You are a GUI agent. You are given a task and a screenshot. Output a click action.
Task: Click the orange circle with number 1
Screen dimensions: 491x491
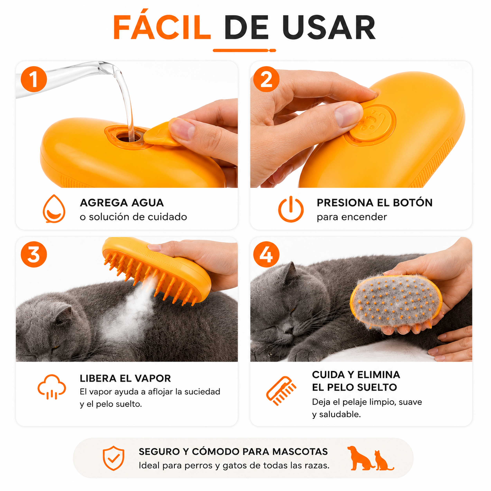pos(34,79)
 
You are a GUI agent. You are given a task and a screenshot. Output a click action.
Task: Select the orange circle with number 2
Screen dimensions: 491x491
pos(266,79)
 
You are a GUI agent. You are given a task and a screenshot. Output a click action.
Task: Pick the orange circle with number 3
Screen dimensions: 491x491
pos(34,254)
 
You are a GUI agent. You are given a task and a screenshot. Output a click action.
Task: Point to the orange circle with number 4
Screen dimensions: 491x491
pos(266,254)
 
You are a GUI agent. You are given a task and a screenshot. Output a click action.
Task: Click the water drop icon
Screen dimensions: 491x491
pos(54,209)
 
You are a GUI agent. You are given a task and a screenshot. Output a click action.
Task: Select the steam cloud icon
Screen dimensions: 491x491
pos(52,386)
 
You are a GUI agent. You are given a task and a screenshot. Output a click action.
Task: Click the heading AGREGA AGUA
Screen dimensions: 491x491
pos(122,203)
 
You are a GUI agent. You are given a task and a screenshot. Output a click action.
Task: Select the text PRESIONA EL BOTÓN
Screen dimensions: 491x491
pos(374,203)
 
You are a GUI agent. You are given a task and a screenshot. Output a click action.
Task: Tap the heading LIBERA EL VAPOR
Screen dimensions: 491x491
pos(125,378)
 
